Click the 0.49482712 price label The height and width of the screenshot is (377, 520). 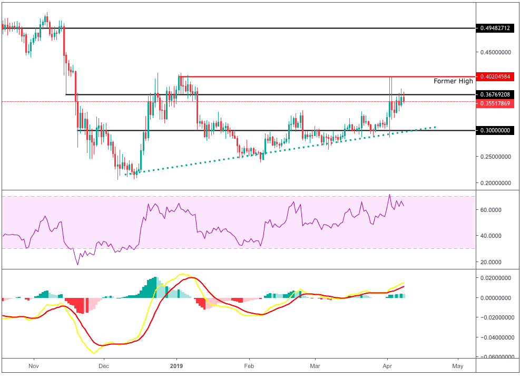[495, 28]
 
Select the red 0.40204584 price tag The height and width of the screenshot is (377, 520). [495, 77]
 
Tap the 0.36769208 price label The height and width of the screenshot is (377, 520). [495, 94]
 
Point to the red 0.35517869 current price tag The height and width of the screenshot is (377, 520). [495, 104]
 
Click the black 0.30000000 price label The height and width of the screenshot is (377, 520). [495, 130]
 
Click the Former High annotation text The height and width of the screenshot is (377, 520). [453, 82]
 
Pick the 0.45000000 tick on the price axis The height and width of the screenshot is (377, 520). [495, 52]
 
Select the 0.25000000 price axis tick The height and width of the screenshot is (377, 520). [495, 157]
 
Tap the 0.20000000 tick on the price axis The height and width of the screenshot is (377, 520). [495, 183]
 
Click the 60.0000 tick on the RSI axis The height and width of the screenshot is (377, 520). [492, 209]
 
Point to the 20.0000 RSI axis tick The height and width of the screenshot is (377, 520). [492, 262]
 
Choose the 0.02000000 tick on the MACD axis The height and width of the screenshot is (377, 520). [495, 278]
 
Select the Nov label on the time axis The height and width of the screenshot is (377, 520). [34, 366]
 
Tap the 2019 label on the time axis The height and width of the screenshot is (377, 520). [176, 366]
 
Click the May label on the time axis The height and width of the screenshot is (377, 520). [458, 366]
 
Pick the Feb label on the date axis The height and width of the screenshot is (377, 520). [249, 366]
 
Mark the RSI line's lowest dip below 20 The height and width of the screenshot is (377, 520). [78, 264]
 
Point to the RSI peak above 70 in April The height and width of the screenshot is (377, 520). [389, 195]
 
